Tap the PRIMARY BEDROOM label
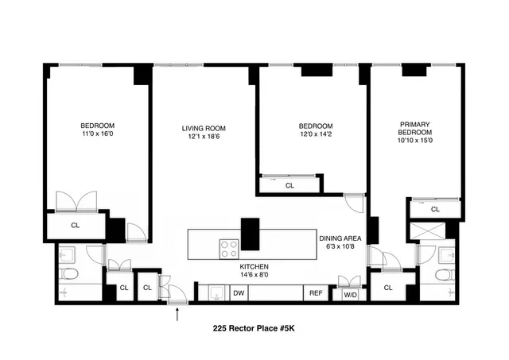[414, 129]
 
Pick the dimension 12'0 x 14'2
[316, 135]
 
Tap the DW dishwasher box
[239, 293]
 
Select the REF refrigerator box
[316, 293]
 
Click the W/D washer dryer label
[350, 295]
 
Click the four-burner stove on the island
[229, 246]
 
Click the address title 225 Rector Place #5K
[258, 327]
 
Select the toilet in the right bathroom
[443, 275]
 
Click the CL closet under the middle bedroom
[289, 185]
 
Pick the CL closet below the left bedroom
[76, 225]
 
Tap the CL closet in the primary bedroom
[435, 210]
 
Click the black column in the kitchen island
[251, 234]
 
